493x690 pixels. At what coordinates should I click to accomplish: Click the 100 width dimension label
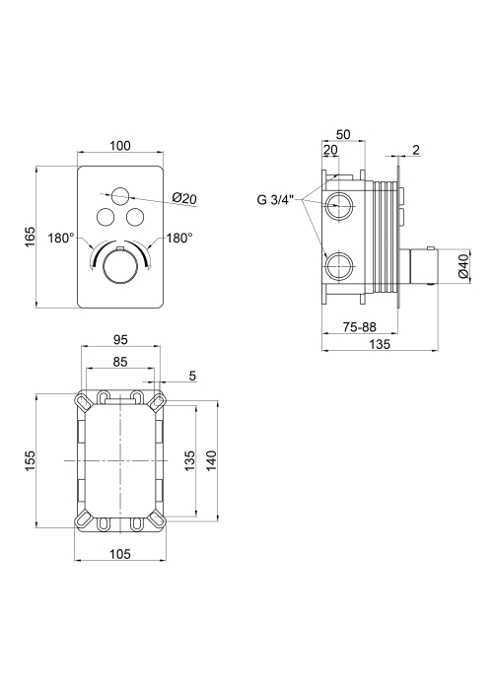[120, 146]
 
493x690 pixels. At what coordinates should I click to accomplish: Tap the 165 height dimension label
[30, 237]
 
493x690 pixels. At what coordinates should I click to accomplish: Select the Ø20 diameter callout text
[185, 198]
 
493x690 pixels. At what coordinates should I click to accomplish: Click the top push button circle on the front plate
[120, 195]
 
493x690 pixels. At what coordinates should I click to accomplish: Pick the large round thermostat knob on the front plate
[120, 268]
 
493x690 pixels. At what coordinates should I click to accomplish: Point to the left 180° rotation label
[61, 239]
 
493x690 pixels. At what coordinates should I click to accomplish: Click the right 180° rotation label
[179, 239]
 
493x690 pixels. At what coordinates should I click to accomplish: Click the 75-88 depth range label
[360, 327]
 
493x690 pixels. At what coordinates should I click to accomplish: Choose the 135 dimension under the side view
[380, 345]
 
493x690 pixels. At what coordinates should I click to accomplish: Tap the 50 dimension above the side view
[343, 135]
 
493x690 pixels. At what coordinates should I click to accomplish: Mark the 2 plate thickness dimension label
[416, 150]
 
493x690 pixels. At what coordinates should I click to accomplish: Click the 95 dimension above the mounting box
[120, 340]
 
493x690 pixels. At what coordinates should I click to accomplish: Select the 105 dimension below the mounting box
[120, 554]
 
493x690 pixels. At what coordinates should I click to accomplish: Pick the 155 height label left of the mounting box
[30, 460]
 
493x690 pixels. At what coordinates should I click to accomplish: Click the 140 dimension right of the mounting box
[211, 460]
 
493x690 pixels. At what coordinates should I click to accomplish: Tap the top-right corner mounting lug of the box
[157, 402]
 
